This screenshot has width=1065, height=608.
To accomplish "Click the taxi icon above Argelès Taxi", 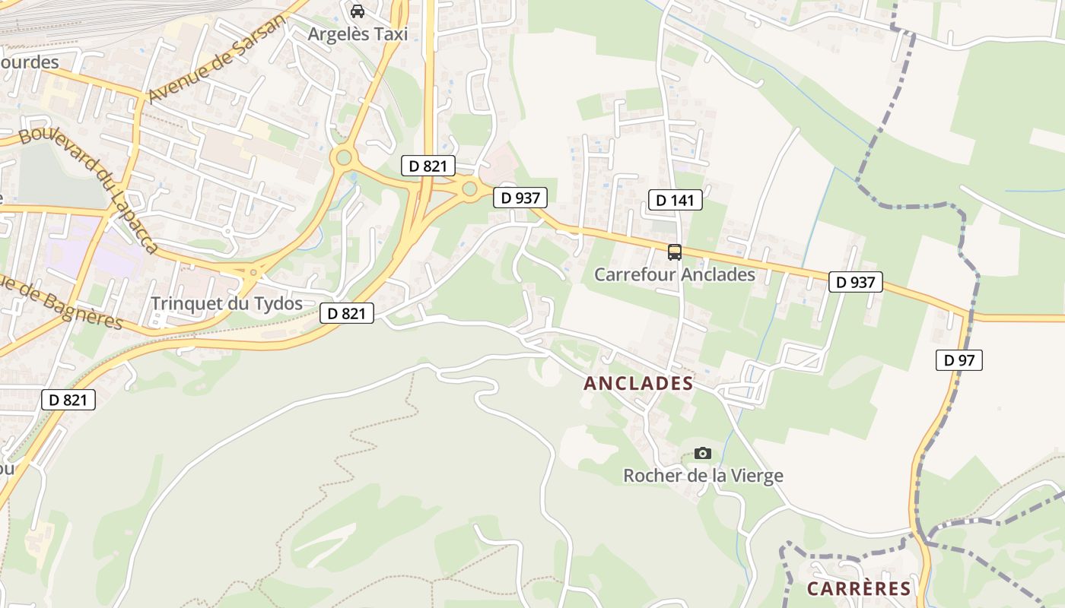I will pos(357,11).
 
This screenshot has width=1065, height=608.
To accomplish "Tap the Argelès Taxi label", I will pos(358,34).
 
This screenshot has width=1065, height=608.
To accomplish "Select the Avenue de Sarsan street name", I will pos(216,59).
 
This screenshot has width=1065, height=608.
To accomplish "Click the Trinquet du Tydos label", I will pos(226,303).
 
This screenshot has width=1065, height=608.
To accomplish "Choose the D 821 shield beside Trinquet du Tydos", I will pos(347,312).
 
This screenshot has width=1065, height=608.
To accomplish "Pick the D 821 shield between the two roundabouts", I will pos(428,166).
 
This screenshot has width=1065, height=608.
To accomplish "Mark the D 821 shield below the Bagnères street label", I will pos(68,400).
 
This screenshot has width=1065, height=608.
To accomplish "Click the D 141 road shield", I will pos(676,201).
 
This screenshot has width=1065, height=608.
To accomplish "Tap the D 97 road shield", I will pos(958,360).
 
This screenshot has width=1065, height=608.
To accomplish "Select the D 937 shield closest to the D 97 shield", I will pos(856,282).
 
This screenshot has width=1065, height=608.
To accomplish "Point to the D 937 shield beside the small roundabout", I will pos(520,198).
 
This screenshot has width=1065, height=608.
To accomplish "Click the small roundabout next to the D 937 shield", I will pos(469,188).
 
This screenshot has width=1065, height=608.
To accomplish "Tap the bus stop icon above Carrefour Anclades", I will pos(675,252).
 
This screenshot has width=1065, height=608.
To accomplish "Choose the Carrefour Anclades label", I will pos(675,274).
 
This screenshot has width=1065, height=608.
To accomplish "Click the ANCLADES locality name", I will pos(638,383).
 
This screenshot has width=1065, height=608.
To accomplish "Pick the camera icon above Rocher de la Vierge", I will pos(703,454).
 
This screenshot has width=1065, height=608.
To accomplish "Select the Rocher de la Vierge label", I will pos(703,476).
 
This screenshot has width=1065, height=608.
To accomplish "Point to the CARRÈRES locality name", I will pos(859,588).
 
